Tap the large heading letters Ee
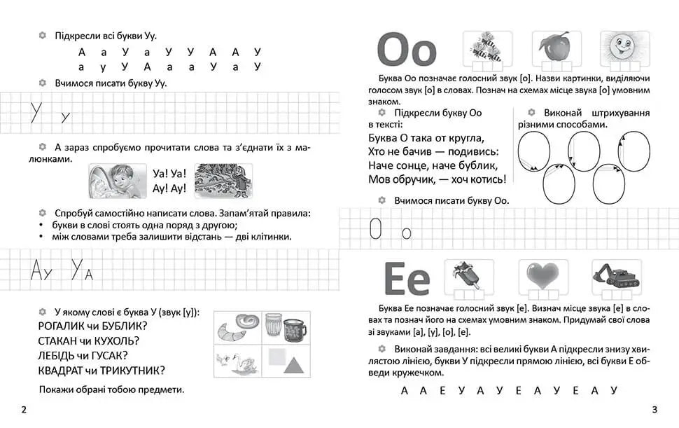click(x=406, y=278)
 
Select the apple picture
click(x=553, y=47)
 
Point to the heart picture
click(x=543, y=274)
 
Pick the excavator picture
click(x=615, y=274)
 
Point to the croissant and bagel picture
click(x=237, y=327)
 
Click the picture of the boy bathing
click(x=117, y=181)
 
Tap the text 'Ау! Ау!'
click(x=169, y=189)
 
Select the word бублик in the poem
click(x=477, y=166)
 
